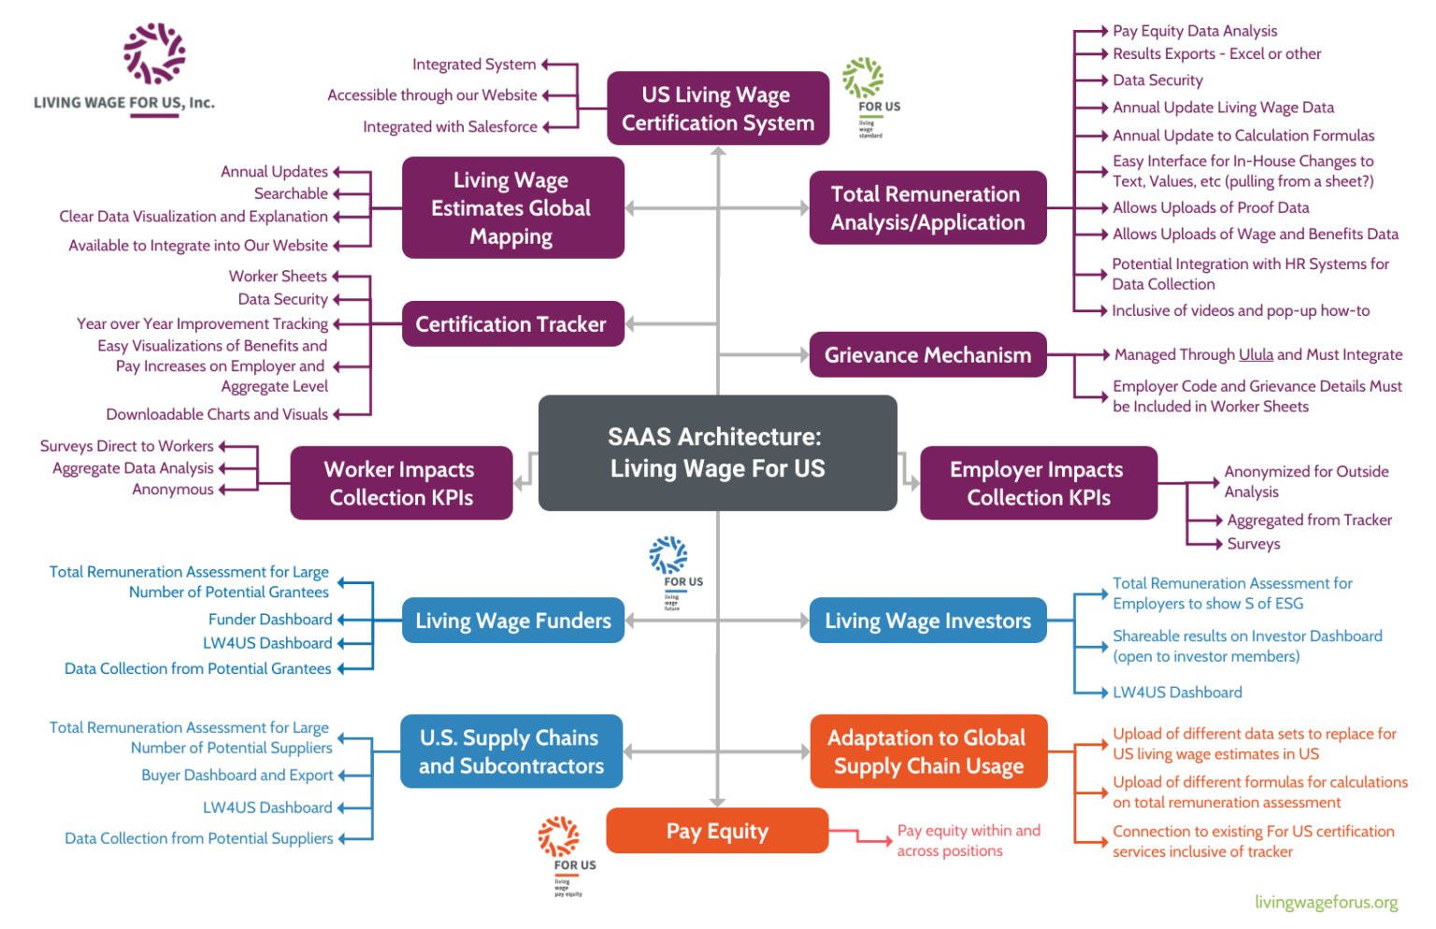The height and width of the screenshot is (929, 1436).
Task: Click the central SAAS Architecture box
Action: click(717, 452)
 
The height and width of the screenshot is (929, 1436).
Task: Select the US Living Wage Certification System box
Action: click(717, 108)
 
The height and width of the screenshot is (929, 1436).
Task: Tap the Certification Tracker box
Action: click(511, 323)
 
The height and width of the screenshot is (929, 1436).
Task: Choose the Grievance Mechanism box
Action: click(926, 355)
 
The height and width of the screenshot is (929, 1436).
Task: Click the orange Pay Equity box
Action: click(717, 831)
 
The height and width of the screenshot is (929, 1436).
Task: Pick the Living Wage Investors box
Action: click(926, 621)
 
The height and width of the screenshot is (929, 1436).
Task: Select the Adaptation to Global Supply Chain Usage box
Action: click(926, 751)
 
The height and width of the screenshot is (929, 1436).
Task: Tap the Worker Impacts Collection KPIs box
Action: click(401, 483)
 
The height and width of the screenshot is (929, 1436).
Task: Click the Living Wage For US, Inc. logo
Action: click(124, 70)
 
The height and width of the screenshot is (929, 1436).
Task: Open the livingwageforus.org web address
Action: click(1326, 902)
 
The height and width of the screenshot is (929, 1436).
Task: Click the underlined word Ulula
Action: click(1256, 354)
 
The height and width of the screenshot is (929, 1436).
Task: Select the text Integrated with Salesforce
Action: click(450, 126)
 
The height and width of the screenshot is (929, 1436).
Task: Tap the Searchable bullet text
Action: click(291, 193)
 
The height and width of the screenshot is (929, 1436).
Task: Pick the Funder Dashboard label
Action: click(269, 619)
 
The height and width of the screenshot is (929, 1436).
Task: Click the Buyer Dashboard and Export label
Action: click(237, 775)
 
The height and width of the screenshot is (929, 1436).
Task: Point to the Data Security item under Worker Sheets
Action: click(282, 299)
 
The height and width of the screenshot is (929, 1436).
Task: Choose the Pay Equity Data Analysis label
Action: click(1194, 31)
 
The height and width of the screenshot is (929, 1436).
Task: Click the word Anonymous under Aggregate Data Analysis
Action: click(173, 489)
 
